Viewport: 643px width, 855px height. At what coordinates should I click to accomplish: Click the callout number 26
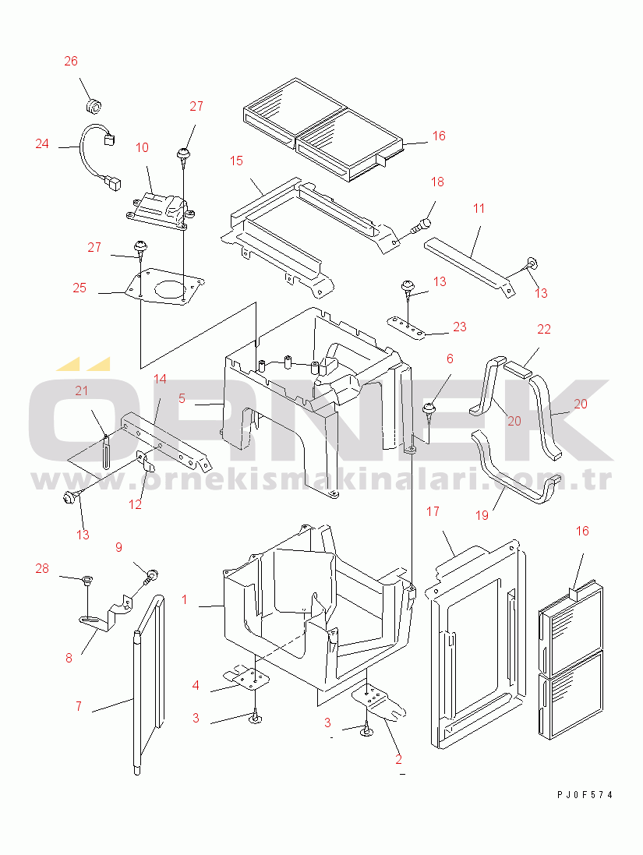pos(71,61)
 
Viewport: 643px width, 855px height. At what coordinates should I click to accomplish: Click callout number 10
pos(142,147)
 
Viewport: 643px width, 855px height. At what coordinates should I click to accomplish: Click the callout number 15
pos(236,161)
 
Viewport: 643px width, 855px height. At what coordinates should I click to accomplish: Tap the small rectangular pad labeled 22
pos(518,369)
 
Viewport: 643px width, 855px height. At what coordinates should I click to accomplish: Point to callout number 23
pos(460,327)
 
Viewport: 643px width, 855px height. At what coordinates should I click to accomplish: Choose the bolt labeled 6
pos(429,413)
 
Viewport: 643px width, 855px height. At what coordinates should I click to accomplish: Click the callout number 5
pos(182,398)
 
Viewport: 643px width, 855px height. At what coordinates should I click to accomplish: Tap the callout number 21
pos(81,390)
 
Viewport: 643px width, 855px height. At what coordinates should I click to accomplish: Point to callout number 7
pos(79,706)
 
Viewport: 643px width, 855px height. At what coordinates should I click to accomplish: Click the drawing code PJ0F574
pos(585,795)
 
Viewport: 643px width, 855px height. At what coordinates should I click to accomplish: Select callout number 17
pos(433,511)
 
